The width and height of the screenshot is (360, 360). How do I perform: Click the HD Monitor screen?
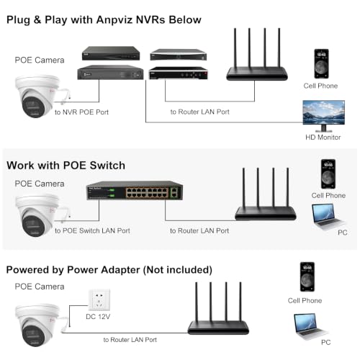[323, 112]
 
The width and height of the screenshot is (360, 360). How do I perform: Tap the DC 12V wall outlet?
[99, 300]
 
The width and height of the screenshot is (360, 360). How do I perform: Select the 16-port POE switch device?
[135, 190]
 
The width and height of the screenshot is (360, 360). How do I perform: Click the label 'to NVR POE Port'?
[81, 112]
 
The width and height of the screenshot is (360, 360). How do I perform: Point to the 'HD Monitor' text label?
[323, 138]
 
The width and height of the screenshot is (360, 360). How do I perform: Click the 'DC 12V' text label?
[98, 317]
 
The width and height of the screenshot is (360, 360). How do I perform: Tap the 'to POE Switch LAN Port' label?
[92, 230]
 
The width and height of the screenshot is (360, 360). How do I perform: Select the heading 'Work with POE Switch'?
[66, 166]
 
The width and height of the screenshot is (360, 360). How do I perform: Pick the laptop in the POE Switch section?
[328, 217]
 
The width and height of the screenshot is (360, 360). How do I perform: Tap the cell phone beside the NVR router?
[321, 63]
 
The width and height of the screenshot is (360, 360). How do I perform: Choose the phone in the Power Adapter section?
[307, 276]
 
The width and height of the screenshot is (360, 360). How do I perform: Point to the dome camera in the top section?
[38, 96]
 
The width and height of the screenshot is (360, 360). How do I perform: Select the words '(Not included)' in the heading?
[178, 270]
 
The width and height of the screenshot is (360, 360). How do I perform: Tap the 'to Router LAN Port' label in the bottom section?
[130, 340]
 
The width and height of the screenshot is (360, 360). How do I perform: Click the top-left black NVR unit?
[111, 53]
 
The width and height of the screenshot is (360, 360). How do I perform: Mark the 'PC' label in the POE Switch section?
[343, 233]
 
